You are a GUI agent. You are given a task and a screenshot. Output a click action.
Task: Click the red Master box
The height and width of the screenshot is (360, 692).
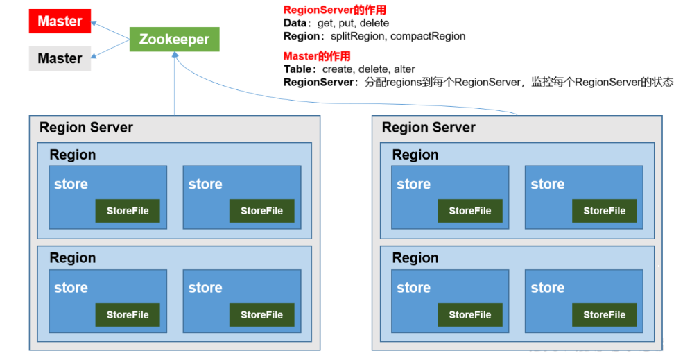(60, 22)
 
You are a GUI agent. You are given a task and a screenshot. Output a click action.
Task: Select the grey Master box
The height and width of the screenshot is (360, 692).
(60, 58)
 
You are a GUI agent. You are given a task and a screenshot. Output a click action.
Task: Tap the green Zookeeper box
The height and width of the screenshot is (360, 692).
(174, 40)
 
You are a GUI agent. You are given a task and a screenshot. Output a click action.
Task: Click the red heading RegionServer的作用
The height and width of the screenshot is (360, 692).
(334, 10)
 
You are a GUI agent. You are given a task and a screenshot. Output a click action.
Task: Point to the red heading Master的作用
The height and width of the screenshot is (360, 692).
(317, 56)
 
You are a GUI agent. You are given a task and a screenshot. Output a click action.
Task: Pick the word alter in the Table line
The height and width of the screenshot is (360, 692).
(404, 69)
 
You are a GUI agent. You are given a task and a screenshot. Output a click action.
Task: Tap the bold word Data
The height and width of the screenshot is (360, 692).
(295, 23)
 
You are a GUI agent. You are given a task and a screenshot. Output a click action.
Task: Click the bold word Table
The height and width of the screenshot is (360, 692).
(297, 69)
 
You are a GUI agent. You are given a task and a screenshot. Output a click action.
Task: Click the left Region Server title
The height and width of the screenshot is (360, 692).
(86, 128)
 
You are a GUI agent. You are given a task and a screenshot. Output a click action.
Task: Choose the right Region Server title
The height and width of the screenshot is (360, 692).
(429, 128)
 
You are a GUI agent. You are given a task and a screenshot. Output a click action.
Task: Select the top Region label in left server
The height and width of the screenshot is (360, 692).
(73, 155)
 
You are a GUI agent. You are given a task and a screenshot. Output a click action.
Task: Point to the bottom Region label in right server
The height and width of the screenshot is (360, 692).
(415, 258)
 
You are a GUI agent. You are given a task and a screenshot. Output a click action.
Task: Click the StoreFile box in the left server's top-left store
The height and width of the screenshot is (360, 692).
(128, 211)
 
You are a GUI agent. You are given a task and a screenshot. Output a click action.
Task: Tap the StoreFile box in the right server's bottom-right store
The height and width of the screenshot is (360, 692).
(604, 314)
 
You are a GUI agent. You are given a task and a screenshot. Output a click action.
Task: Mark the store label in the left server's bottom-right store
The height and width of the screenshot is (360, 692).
(205, 288)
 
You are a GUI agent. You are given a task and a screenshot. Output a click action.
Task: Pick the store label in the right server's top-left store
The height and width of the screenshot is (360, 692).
(413, 185)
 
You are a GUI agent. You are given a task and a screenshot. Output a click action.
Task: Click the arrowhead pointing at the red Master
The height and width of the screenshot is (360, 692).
(94, 23)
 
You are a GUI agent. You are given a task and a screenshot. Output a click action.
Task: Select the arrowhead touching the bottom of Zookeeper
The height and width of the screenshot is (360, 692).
(175, 55)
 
